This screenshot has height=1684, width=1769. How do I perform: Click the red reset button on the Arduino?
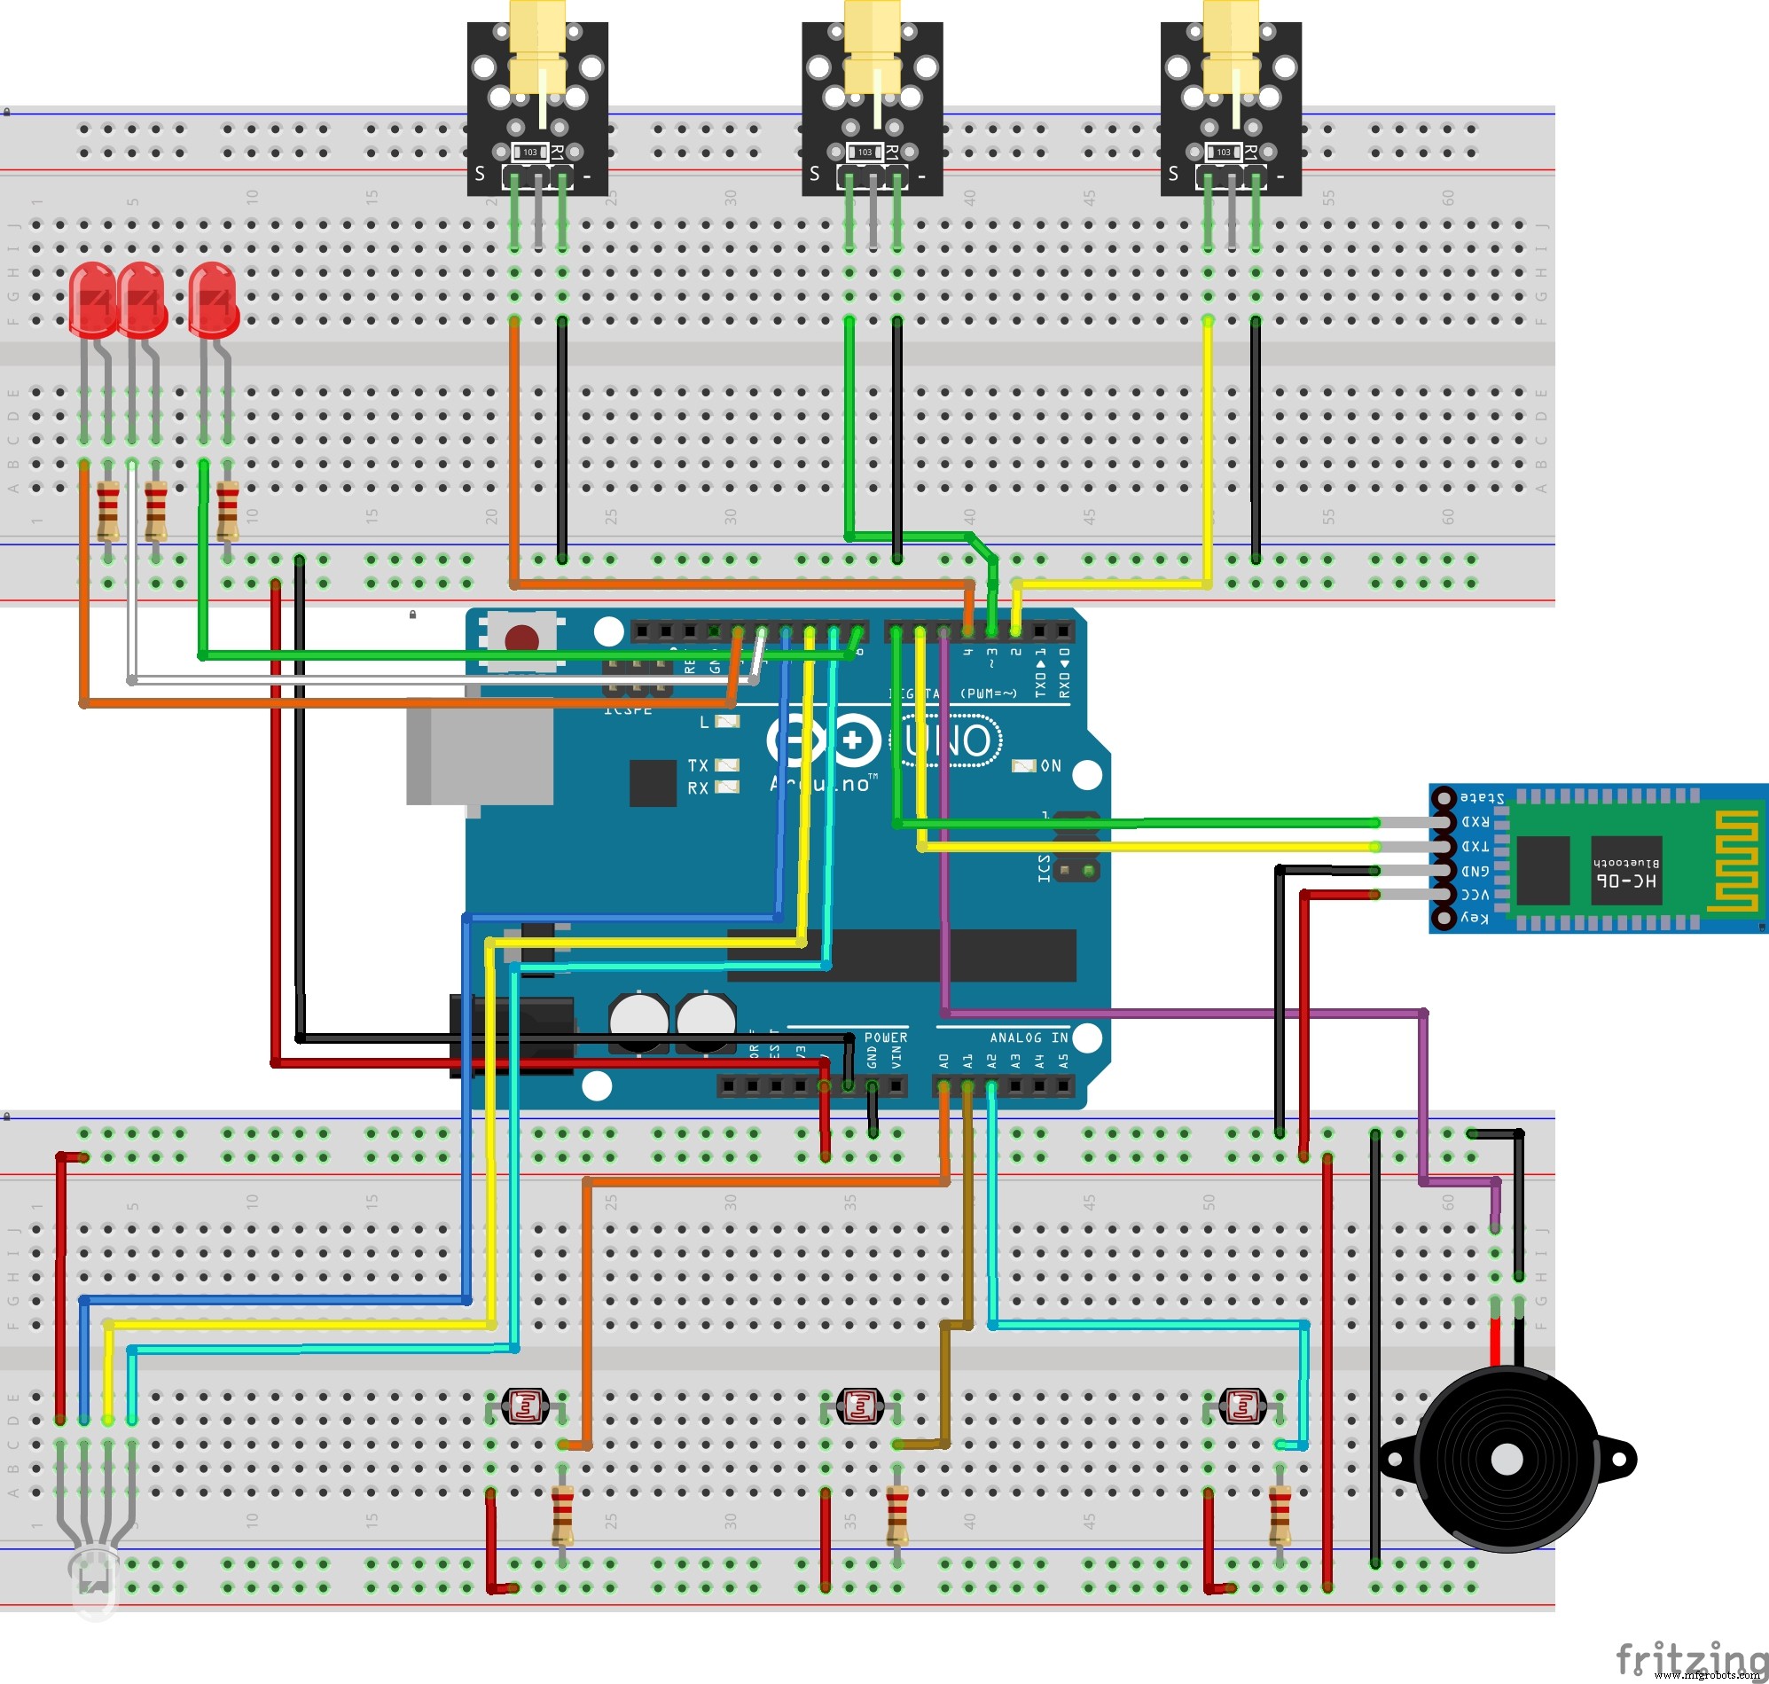tap(521, 639)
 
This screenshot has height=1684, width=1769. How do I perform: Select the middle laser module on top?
tap(872, 98)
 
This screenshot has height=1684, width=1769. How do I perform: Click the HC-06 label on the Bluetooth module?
tap(1625, 881)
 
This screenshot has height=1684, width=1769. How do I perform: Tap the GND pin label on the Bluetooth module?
tap(1475, 871)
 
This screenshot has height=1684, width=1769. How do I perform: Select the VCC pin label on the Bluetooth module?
tap(1475, 895)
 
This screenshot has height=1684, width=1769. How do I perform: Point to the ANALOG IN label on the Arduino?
tap(1029, 1038)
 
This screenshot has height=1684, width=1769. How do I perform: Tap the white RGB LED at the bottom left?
tap(94, 1581)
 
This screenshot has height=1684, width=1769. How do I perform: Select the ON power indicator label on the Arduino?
tap(1050, 765)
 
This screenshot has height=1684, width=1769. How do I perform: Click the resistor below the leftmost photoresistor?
tap(562, 1516)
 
